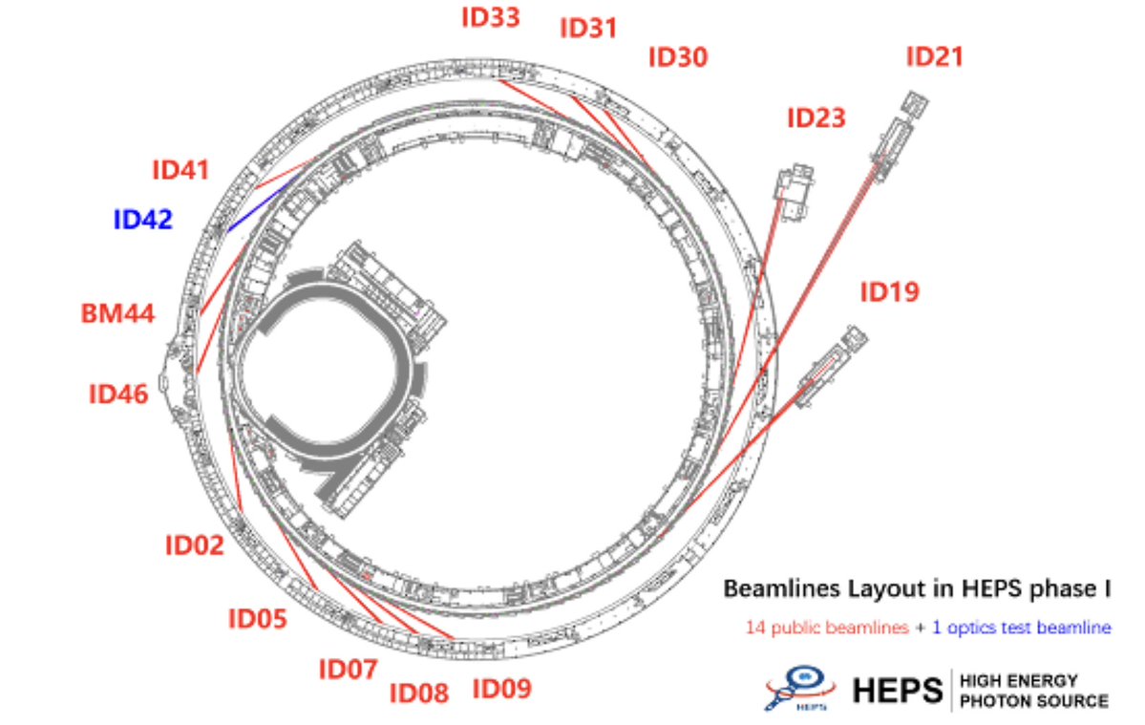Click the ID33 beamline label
tap(491, 17)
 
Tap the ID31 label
tap(588, 28)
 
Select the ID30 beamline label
tap(678, 57)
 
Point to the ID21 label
tap(935, 57)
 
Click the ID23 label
tap(816, 118)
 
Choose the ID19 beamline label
tap(889, 292)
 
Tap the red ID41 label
tap(180, 171)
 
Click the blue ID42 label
tap(143, 220)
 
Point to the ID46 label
tap(119, 393)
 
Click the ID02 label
tap(195, 545)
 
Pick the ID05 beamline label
tap(257, 619)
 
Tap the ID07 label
tap(348, 670)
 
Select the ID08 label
tap(419, 693)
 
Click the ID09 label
tap(502, 688)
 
